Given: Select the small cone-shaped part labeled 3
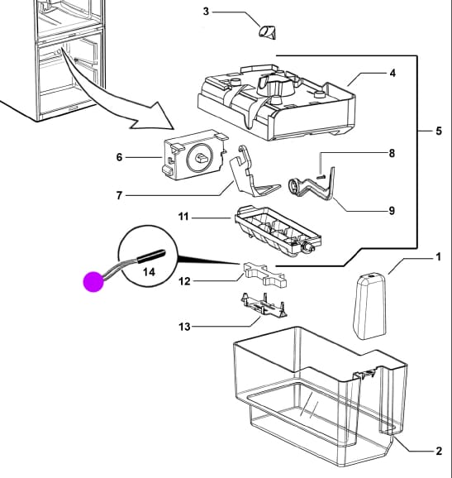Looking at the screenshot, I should pos(269,32).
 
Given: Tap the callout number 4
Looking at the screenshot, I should pos(392,74).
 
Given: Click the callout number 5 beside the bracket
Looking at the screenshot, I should pos(438,131).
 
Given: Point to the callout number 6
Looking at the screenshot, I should pos(119,155).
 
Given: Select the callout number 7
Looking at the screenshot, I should pos(119,195).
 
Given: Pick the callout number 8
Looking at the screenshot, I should pos(392,153).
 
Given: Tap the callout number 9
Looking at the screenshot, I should pos(391,211).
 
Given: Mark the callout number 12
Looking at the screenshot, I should pos(184,281).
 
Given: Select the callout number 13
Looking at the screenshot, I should pos(184,327).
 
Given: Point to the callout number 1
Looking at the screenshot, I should pos(438,257).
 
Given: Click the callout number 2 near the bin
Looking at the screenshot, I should pos(438,451).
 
